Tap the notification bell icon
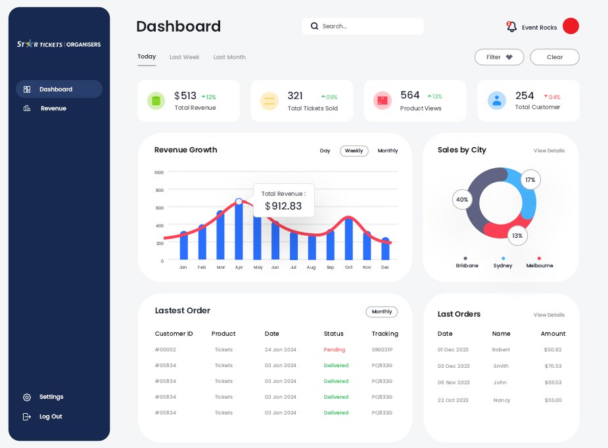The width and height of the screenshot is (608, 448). point(511,27)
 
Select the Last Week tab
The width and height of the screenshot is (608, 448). point(184,57)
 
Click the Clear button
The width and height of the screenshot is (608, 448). point(555,57)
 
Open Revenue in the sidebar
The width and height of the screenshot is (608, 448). point(53,108)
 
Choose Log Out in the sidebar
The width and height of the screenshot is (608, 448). point(50,416)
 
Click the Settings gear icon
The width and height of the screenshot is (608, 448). point(27,397)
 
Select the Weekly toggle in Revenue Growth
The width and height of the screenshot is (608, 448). point(354,151)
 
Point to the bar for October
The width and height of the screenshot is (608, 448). point(348,239)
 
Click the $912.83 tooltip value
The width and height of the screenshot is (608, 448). point(283,206)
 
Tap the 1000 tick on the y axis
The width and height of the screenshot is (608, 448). point(158,172)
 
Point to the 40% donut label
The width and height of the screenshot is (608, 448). point(462,200)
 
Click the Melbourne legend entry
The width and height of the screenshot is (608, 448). point(539,265)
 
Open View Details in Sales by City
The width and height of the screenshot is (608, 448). point(549,151)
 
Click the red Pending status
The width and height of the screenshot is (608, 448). point(334,350)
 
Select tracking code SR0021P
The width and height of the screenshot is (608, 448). point(382,350)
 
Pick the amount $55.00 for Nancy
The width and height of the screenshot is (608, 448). point(553,400)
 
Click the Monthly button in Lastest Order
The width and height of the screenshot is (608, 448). point(381,312)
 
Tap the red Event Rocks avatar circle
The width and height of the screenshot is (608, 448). point(571,26)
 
